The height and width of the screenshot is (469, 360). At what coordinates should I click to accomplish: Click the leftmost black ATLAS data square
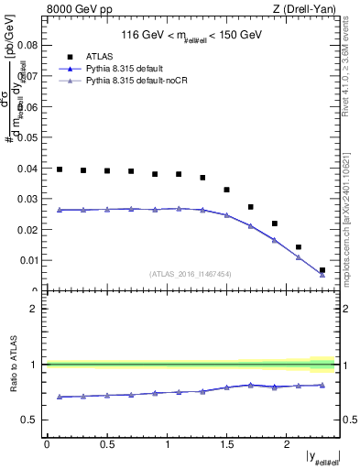pos(60,169)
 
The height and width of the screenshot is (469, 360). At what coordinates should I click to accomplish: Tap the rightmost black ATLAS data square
pos(322,270)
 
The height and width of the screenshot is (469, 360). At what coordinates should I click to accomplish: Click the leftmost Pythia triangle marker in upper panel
pos(60,210)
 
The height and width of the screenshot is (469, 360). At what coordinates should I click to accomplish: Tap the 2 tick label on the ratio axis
pos(34,309)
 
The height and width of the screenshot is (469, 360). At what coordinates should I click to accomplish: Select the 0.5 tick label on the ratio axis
pos(30,420)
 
